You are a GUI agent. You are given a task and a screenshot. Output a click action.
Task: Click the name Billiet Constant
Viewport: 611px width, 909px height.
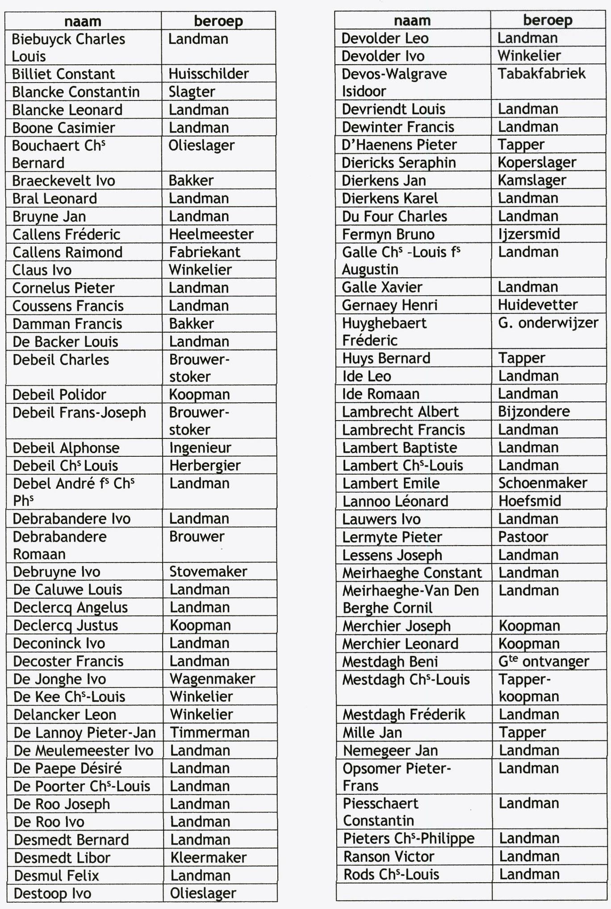tap(63, 74)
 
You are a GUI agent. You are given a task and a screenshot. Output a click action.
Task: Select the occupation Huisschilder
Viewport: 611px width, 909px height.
tap(209, 74)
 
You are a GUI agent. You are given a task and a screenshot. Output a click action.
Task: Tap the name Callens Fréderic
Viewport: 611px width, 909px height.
tap(67, 234)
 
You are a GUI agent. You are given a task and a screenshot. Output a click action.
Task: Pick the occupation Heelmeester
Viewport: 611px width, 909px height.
tap(211, 234)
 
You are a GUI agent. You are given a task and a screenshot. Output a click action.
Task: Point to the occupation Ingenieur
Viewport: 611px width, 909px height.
tap(201, 448)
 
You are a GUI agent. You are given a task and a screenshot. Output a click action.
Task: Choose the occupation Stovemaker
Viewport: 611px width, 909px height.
tap(208, 571)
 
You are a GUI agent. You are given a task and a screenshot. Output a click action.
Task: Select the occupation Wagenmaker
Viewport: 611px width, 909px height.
tap(213, 679)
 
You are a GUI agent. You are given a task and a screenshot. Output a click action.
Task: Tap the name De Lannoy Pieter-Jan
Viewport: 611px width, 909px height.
tap(85, 733)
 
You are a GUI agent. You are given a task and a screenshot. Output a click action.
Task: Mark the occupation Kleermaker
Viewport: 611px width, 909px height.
tap(209, 858)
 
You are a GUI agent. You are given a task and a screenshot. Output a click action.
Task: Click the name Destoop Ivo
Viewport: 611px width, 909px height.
tap(53, 893)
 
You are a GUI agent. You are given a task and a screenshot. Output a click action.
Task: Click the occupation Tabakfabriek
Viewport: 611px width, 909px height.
tap(541, 74)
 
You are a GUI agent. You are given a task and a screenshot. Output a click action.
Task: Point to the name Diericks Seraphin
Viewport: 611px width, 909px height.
tap(399, 163)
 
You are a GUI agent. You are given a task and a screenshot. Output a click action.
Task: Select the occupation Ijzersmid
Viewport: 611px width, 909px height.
tap(529, 234)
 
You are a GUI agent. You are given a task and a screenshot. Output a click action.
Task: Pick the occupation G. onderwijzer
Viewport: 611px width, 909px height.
tap(548, 323)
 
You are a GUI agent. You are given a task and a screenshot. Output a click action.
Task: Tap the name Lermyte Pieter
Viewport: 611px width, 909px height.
tap(392, 537)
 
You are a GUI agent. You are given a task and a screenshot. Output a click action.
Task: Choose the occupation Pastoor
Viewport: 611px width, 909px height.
tap(523, 537)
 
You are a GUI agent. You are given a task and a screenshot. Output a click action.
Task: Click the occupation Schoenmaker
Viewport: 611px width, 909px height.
tap(543, 483)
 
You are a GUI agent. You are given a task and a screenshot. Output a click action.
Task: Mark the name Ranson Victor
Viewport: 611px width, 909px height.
tap(389, 856)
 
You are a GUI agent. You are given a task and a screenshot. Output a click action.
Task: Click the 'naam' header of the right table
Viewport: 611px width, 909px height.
tap(412, 21)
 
